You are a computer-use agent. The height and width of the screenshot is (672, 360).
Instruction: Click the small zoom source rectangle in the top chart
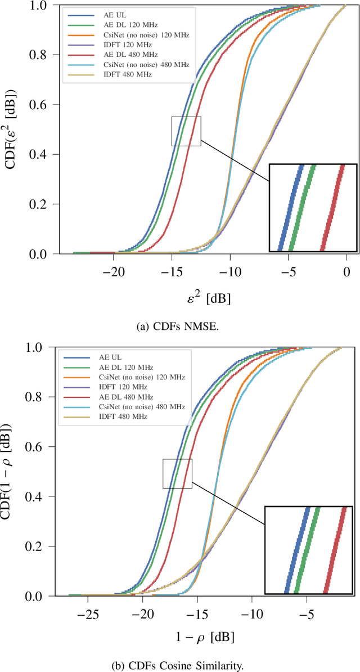click(x=186, y=131)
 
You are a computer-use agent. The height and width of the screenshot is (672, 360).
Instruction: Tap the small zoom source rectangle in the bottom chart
click(x=177, y=473)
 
